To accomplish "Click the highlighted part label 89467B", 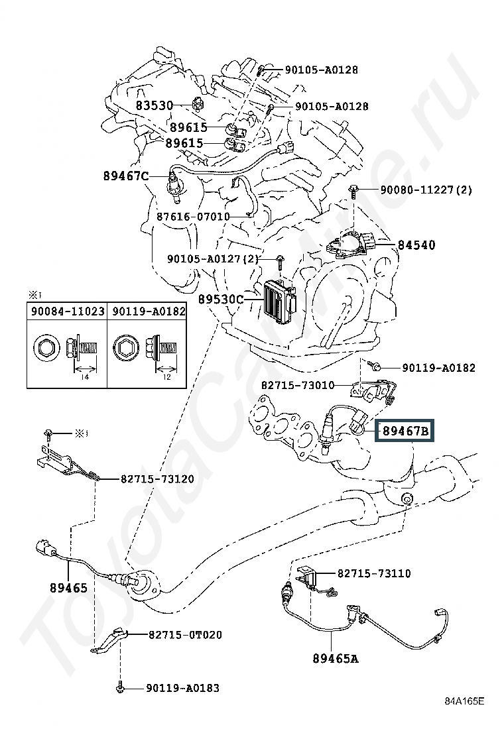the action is tap(405, 431).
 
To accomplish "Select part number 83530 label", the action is tap(155, 105).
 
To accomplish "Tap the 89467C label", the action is tap(126, 176).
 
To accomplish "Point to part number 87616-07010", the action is tap(193, 217).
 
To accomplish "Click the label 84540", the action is tap(416, 245).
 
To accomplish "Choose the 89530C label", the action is tap(221, 299).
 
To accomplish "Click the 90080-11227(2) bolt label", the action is tap(426, 190).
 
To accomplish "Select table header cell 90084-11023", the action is tap(67, 311).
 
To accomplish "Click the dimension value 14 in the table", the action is tap(85, 377).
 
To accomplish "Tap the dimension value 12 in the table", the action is tap(166, 377).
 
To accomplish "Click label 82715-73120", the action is tap(158, 479).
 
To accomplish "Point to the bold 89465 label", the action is tap(69, 587).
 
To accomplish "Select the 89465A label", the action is tap(336, 659).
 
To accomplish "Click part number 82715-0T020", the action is tap(185, 634).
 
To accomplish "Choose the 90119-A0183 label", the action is tap(182, 688).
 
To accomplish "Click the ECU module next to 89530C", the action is tap(281, 302).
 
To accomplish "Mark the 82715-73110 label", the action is tap(374, 573).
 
